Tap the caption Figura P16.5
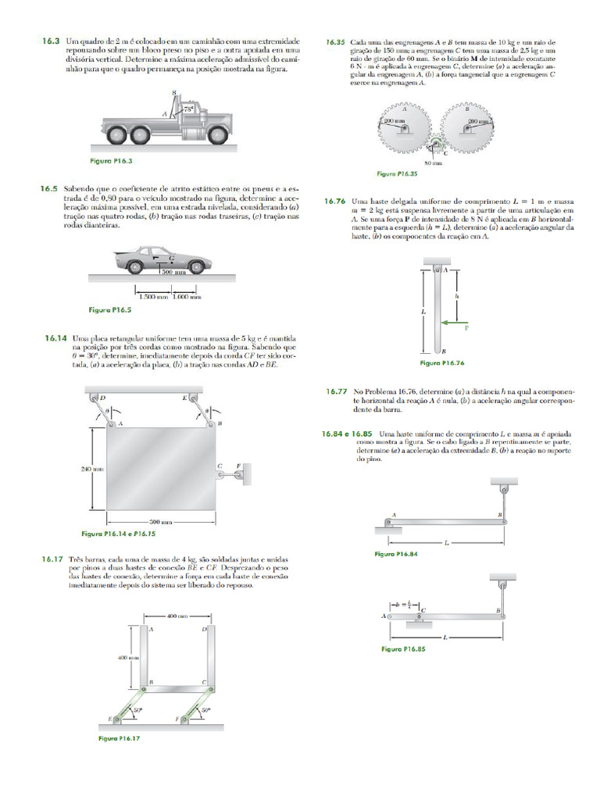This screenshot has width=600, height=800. click(110, 310)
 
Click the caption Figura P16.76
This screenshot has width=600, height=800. click(442, 363)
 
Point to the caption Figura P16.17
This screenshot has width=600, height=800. click(119, 737)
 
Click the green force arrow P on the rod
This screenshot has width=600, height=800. click(453, 322)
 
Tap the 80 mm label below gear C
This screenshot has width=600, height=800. click(434, 163)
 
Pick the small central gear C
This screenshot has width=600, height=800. click(436, 145)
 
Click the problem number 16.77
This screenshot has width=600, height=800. click(336, 390)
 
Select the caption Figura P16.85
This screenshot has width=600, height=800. click(402, 649)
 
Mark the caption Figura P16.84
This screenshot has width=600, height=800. click(396, 554)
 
